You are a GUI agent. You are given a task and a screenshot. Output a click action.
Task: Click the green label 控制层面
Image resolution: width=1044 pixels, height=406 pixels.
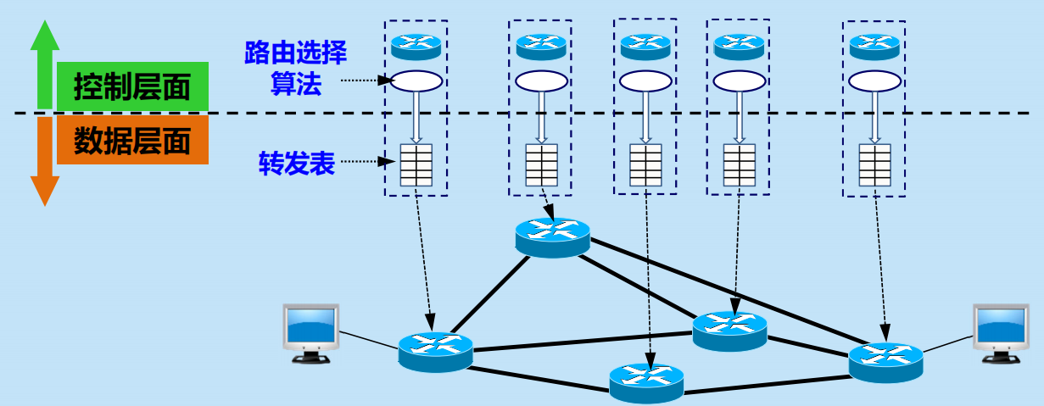132,86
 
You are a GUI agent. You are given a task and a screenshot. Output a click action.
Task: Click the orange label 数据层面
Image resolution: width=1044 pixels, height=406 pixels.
132,141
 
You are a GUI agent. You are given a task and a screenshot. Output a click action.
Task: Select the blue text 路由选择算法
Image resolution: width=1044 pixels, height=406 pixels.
295,69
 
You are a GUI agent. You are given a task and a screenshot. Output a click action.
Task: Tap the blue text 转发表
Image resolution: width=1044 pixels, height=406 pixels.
296,164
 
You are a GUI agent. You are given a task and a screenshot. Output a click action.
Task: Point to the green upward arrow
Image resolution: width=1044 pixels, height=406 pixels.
44,64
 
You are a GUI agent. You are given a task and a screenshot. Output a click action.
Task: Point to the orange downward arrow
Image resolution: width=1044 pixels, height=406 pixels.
44,161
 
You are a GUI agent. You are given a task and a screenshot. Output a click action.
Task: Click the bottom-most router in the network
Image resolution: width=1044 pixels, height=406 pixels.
646,382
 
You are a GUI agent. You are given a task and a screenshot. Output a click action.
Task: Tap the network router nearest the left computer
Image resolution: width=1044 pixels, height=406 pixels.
435,351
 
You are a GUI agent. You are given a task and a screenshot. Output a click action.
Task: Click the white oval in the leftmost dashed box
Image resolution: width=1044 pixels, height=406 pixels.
416,81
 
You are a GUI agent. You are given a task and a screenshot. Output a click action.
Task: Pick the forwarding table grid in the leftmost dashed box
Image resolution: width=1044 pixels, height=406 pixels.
416,165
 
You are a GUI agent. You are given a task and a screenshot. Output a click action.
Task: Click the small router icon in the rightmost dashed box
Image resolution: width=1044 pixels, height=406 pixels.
874,46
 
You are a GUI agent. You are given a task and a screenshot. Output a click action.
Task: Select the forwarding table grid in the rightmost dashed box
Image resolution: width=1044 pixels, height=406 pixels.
874,164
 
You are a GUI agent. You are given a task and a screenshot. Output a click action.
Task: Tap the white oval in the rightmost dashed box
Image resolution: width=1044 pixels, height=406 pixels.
874,81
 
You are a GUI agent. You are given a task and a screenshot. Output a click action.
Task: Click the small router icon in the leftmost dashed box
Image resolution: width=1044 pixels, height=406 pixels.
416,46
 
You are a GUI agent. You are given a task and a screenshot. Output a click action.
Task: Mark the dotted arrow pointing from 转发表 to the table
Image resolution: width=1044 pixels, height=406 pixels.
366,161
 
